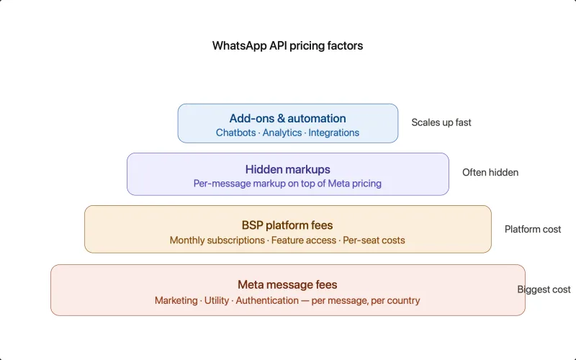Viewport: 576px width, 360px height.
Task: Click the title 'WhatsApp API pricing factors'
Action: click(x=287, y=45)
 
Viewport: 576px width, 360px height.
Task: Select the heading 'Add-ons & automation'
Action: click(x=287, y=118)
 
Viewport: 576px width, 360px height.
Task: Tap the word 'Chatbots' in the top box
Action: click(x=235, y=132)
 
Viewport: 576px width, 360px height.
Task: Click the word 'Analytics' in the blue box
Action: click(x=282, y=132)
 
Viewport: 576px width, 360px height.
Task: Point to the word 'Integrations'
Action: click(x=333, y=132)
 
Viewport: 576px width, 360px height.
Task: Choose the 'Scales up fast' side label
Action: click(x=441, y=122)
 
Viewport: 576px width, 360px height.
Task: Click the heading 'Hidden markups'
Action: click(x=287, y=169)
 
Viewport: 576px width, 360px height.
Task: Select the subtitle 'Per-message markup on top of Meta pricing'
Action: click(x=287, y=184)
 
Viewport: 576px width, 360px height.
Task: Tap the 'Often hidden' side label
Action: click(x=490, y=172)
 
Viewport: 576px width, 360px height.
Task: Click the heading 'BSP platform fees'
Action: click(x=287, y=225)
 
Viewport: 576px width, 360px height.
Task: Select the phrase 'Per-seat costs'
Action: click(x=374, y=240)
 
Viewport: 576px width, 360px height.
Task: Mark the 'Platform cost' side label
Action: click(x=533, y=229)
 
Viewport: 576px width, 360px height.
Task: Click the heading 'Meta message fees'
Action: click(x=287, y=285)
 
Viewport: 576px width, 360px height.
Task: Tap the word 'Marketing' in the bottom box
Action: click(x=176, y=300)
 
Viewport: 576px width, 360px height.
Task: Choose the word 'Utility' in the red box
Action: click(x=217, y=300)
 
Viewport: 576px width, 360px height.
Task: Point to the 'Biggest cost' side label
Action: click(x=544, y=289)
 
